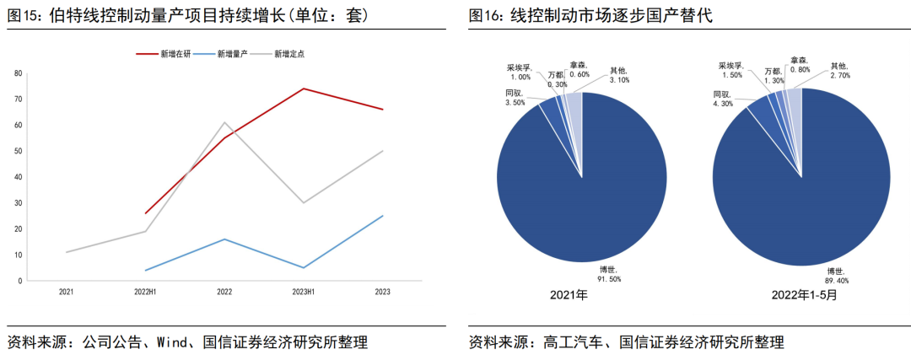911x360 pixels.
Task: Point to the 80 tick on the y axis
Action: tap(18, 73)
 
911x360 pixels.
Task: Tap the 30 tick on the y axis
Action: tap(18, 203)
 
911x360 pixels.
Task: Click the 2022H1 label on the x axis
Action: tap(145, 292)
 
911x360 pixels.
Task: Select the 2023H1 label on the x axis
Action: tap(303, 292)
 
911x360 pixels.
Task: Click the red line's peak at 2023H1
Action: tap(303, 89)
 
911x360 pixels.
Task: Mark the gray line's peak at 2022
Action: tap(224, 122)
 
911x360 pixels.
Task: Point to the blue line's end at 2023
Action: tap(382, 216)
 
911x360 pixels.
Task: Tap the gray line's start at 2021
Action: tap(66, 252)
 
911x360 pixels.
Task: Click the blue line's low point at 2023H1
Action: tap(303, 268)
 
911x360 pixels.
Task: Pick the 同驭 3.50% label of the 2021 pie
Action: tap(515, 97)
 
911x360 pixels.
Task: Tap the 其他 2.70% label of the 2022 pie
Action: tap(840, 71)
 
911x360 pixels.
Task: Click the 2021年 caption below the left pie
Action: tap(569, 296)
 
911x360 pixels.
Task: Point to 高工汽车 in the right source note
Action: tap(570, 342)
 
